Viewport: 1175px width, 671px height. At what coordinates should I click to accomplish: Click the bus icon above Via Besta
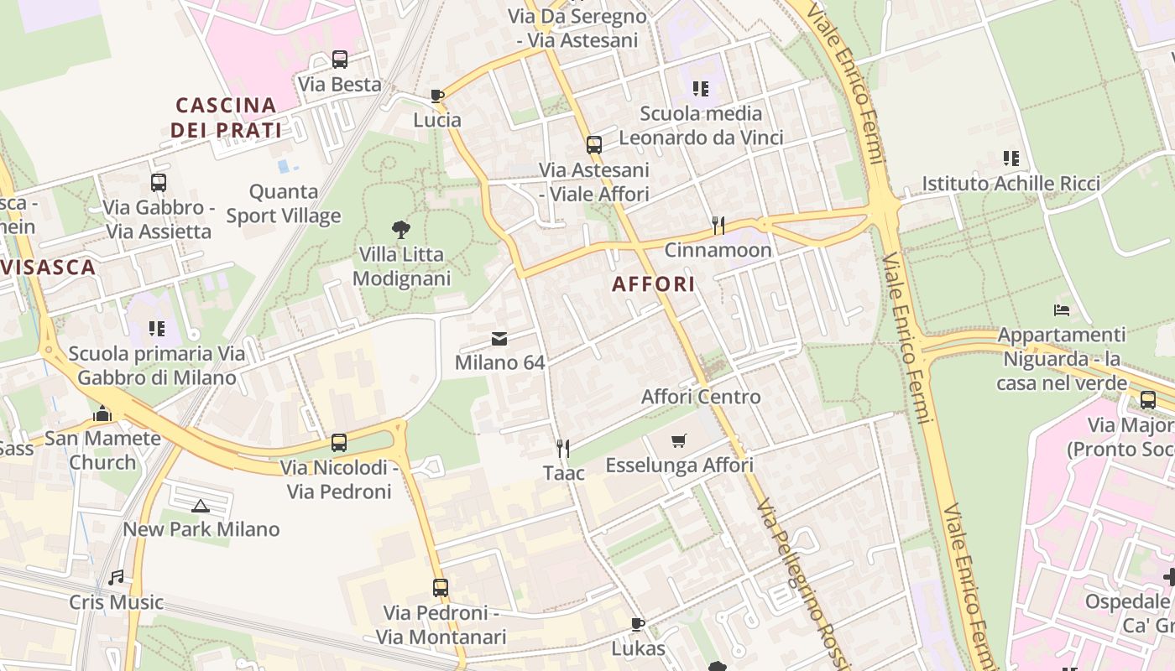pos(339,60)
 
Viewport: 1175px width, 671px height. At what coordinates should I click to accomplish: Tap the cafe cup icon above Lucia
pos(436,96)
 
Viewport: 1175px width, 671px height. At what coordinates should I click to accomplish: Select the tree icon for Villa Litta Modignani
pos(401,228)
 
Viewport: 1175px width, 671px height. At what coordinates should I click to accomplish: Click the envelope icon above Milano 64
pos(499,339)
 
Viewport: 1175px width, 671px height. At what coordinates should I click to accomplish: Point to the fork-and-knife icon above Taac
pos(563,449)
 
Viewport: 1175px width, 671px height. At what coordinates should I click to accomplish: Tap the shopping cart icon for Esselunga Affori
pos(679,440)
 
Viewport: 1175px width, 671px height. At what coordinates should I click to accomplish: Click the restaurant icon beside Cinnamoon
pos(718,225)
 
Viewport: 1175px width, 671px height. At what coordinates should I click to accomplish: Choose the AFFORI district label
pos(654,283)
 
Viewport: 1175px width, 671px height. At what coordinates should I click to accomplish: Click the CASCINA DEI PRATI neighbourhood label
pos(226,117)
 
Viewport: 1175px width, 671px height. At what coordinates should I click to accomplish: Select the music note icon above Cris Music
pos(116,577)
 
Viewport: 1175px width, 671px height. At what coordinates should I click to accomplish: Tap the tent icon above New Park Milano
pos(200,505)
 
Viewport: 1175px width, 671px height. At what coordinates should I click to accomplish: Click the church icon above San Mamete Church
pos(102,414)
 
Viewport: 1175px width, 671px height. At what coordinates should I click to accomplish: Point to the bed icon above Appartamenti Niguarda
pos(1062,310)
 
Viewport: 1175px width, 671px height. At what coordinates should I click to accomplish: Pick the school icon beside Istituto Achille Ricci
pos(1011,158)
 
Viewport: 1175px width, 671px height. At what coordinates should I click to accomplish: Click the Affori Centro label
pos(701,397)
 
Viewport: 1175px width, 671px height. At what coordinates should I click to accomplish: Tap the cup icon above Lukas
pos(638,623)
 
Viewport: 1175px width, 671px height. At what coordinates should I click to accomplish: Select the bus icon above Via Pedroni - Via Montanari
pos(441,588)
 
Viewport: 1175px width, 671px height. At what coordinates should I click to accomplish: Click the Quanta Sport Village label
pos(284,204)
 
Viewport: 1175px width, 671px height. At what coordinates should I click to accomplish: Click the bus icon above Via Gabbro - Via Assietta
pos(159,182)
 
